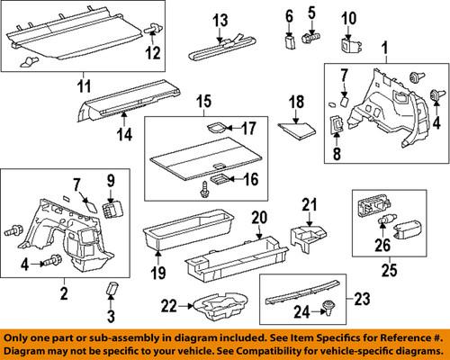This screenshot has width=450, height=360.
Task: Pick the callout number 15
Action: point(202,101)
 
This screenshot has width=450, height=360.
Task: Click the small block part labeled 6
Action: point(290,39)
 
